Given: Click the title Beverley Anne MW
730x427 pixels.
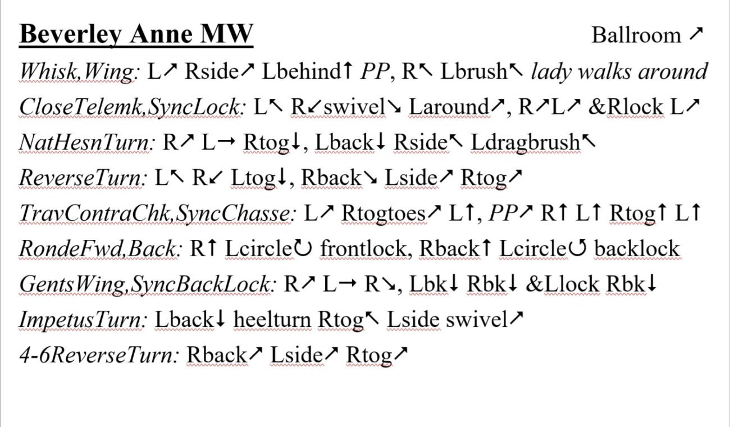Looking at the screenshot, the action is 136,34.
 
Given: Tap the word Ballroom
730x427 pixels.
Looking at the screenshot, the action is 636,35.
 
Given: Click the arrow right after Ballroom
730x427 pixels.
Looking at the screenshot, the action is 696,34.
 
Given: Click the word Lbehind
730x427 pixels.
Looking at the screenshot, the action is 301,71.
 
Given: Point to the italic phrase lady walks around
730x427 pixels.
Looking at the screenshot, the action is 619,71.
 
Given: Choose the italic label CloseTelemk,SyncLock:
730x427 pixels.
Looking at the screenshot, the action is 131,107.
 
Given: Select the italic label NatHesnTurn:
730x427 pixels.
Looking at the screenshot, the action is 86,143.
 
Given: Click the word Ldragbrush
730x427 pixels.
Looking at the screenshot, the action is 526,143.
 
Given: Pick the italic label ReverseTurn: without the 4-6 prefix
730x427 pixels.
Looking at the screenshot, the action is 83,178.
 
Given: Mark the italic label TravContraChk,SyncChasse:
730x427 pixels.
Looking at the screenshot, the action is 158,213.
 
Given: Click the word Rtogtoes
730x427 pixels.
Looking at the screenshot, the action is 384,213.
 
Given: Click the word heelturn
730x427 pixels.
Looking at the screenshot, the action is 272,320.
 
